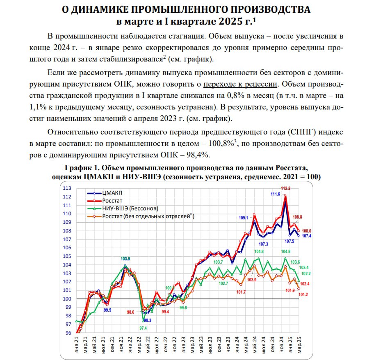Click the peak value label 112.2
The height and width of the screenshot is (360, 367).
click(x=285, y=188)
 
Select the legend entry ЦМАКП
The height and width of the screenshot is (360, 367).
click(x=112, y=193)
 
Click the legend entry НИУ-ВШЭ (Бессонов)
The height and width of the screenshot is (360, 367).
click(x=130, y=208)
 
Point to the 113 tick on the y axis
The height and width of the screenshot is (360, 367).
click(x=66, y=188)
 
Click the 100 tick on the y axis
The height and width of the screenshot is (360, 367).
click(x=66, y=299)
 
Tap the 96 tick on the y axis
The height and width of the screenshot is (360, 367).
click(x=67, y=333)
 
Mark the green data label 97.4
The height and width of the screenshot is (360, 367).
click(x=143, y=328)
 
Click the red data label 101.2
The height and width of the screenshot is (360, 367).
click(x=304, y=294)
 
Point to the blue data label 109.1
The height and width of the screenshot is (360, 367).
click(x=244, y=218)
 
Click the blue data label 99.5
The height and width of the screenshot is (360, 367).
click(x=108, y=310)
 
